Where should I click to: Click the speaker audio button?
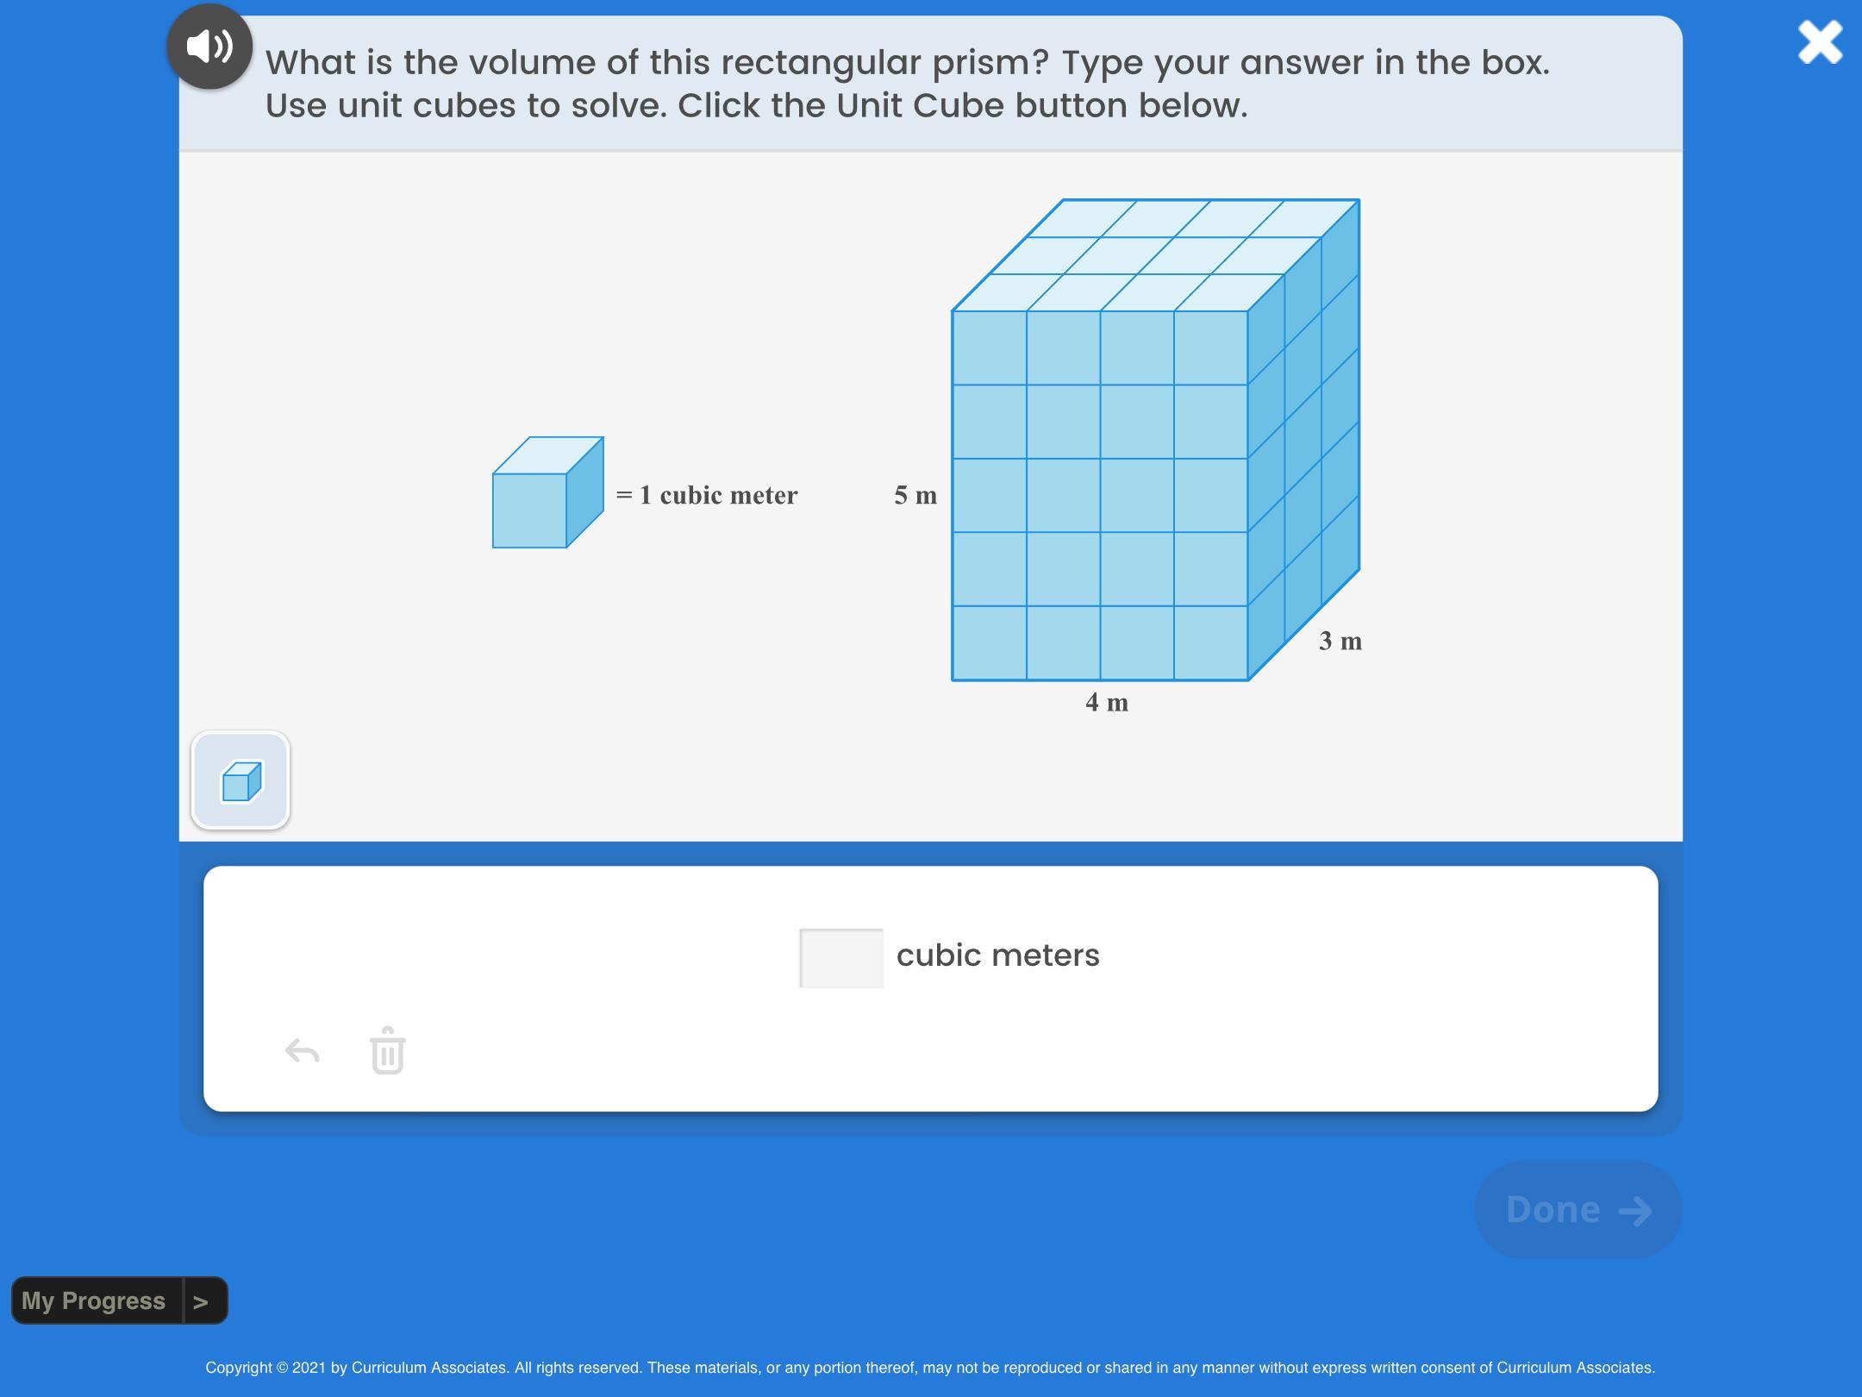[x=209, y=46]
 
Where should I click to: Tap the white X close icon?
[x=1820, y=42]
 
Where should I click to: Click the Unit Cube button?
[x=241, y=780]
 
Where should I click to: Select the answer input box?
[x=841, y=957]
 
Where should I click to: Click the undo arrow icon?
[x=303, y=1051]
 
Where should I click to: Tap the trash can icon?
[x=388, y=1050]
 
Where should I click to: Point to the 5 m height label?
[x=915, y=495]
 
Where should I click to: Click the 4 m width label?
[x=1107, y=702]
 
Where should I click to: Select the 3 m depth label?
[x=1340, y=641]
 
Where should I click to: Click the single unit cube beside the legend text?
[x=548, y=492]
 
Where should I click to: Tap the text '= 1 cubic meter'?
[x=707, y=495]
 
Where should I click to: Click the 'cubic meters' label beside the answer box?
[x=998, y=955]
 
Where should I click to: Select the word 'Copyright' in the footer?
[x=238, y=1368]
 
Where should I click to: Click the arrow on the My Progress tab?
[x=201, y=1301]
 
